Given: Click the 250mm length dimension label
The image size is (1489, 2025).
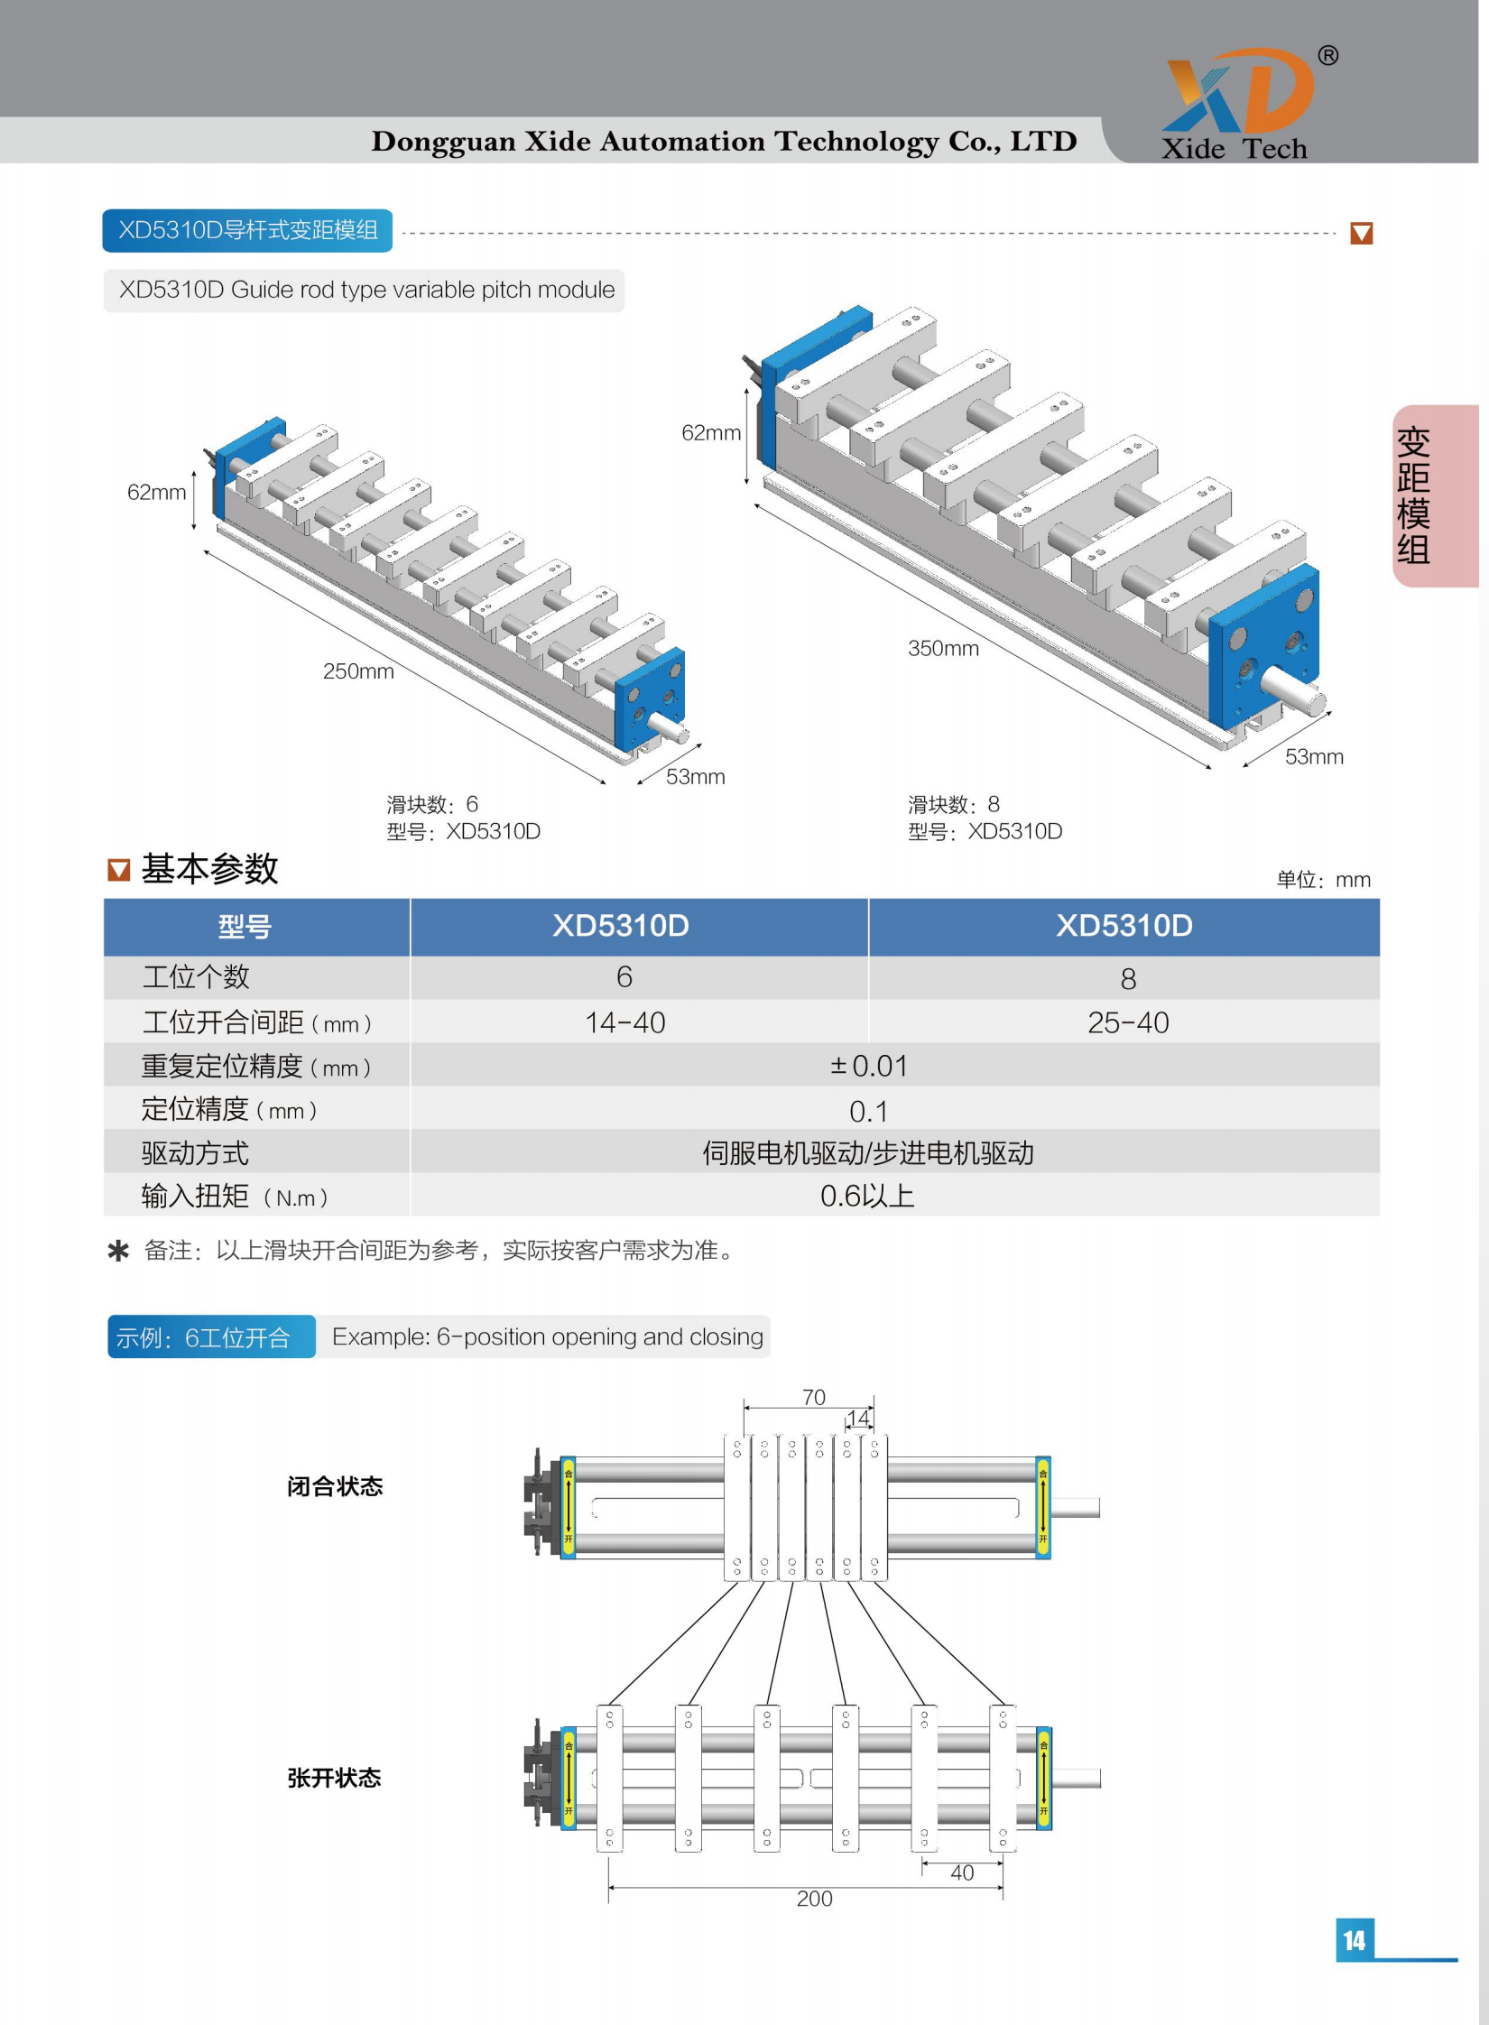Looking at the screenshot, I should [x=358, y=671].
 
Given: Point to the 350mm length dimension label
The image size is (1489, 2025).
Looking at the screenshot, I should [x=942, y=648].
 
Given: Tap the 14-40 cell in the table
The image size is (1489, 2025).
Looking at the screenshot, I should [x=624, y=1022].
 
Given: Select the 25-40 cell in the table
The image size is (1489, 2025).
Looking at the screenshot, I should [x=1127, y=1022].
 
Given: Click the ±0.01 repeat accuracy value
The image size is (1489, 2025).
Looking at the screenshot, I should [x=868, y=1066].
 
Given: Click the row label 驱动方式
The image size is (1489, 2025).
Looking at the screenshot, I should [x=195, y=1152].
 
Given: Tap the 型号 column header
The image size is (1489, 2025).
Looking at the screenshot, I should [x=244, y=926].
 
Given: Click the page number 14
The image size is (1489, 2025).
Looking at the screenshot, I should [x=1354, y=1939].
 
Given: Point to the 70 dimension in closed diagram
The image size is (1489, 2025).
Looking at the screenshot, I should [x=813, y=1397].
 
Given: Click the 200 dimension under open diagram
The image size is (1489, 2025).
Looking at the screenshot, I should [x=814, y=1899].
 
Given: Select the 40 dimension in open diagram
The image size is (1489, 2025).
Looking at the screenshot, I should [x=962, y=1872].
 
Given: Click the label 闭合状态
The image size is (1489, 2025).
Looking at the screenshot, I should [x=335, y=1486].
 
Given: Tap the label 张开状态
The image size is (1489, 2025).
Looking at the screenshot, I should [x=334, y=1778].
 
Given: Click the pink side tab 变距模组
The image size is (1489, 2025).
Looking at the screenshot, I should [x=1413, y=495].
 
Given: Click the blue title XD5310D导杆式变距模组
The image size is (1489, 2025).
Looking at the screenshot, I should [x=247, y=230].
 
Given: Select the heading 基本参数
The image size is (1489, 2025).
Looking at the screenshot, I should [x=209, y=869].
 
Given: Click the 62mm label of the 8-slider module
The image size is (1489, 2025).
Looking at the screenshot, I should [x=710, y=433].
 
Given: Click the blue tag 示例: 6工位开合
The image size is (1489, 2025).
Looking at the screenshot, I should [x=204, y=1337].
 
